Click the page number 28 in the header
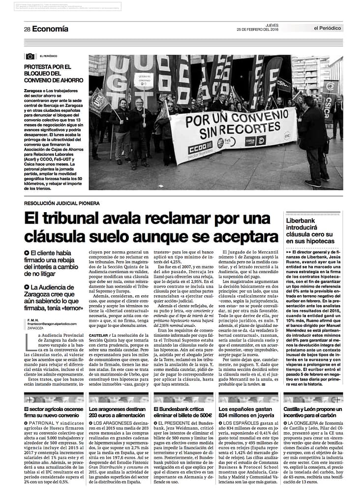tap(27, 29)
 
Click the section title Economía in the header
tap(51, 29)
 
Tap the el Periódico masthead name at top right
tap(328, 28)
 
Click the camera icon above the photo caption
tap(30, 56)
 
